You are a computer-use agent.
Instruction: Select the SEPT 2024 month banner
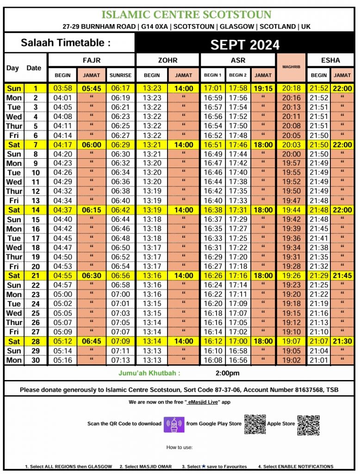(245, 44)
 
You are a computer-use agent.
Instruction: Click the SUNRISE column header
(120, 75)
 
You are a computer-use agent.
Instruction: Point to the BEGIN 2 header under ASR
(238, 75)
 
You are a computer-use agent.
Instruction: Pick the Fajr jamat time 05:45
(92, 88)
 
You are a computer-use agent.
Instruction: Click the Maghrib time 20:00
(291, 154)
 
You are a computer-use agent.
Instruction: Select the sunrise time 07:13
(120, 360)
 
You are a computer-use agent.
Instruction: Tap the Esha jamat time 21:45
(342, 275)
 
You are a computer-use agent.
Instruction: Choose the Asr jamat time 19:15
(263, 88)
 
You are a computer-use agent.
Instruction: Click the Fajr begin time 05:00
(62, 294)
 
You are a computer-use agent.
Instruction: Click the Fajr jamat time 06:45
(92, 342)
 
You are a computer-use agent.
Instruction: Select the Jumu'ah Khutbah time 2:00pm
(228, 373)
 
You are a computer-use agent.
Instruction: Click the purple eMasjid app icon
(174, 424)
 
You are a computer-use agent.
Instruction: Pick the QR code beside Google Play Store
(255, 424)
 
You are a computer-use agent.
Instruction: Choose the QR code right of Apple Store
(308, 425)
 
